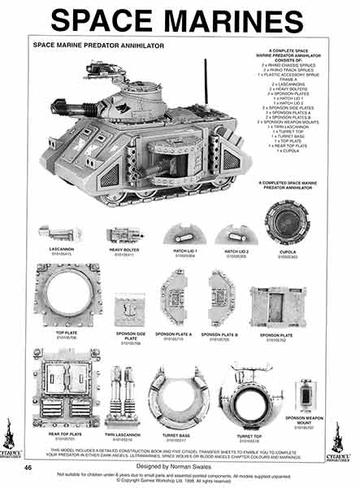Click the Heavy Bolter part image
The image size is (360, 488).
tap(125, 235)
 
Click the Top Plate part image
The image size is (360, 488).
tap(66, 298)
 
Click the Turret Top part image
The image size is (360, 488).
tap(245, 394)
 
